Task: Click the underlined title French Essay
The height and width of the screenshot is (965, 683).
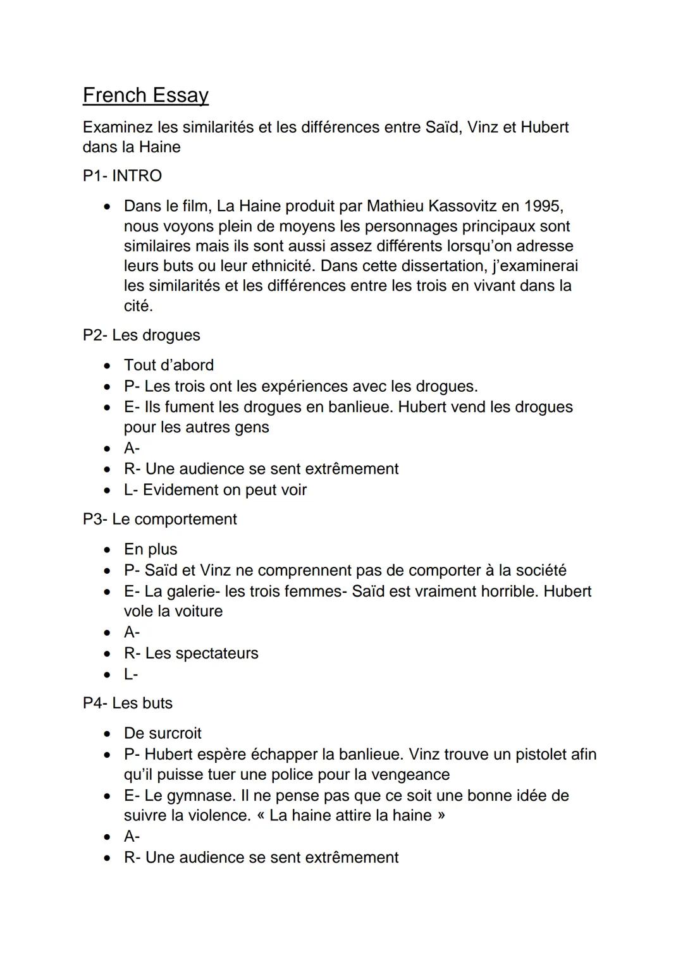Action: (145, 95)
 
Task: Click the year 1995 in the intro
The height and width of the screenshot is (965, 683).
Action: (543, 206)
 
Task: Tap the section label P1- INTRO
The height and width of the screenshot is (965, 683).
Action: (122, 176)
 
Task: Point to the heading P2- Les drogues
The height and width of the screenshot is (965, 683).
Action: (141, 335)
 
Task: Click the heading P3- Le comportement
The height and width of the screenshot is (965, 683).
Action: (159, 519)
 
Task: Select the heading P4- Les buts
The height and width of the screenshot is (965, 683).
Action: (127, 703)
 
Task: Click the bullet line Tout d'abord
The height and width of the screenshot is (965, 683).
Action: (169, 365)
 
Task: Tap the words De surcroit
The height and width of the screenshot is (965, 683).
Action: (163, 733)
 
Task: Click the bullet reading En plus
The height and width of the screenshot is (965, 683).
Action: (151, 549)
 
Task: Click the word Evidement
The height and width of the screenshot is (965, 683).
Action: (180, 490)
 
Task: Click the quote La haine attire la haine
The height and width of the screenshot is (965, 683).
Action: (350, 815)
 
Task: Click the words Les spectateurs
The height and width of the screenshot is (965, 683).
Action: (202, 653)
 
